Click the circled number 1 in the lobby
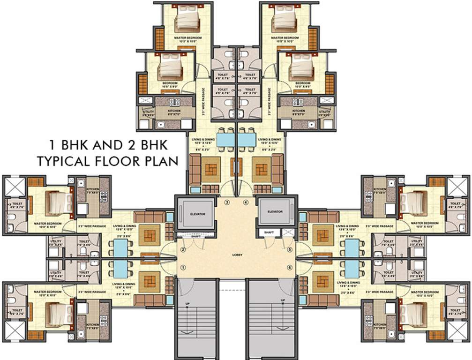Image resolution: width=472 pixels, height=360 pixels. coord(183,267)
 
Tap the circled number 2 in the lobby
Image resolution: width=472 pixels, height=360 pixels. coord(183,249)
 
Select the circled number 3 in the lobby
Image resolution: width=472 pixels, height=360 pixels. coord(227,202)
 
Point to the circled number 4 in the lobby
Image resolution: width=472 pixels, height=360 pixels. coord(246,202)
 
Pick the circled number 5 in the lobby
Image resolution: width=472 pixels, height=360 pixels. coord(290,249)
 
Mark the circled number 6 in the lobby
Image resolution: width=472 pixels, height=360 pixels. coord(290,267)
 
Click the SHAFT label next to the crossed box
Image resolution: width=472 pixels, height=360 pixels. coord(269,232)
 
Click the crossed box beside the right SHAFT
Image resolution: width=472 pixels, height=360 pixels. coord(287,232)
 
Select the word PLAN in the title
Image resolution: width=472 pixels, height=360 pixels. coord(159,161)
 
